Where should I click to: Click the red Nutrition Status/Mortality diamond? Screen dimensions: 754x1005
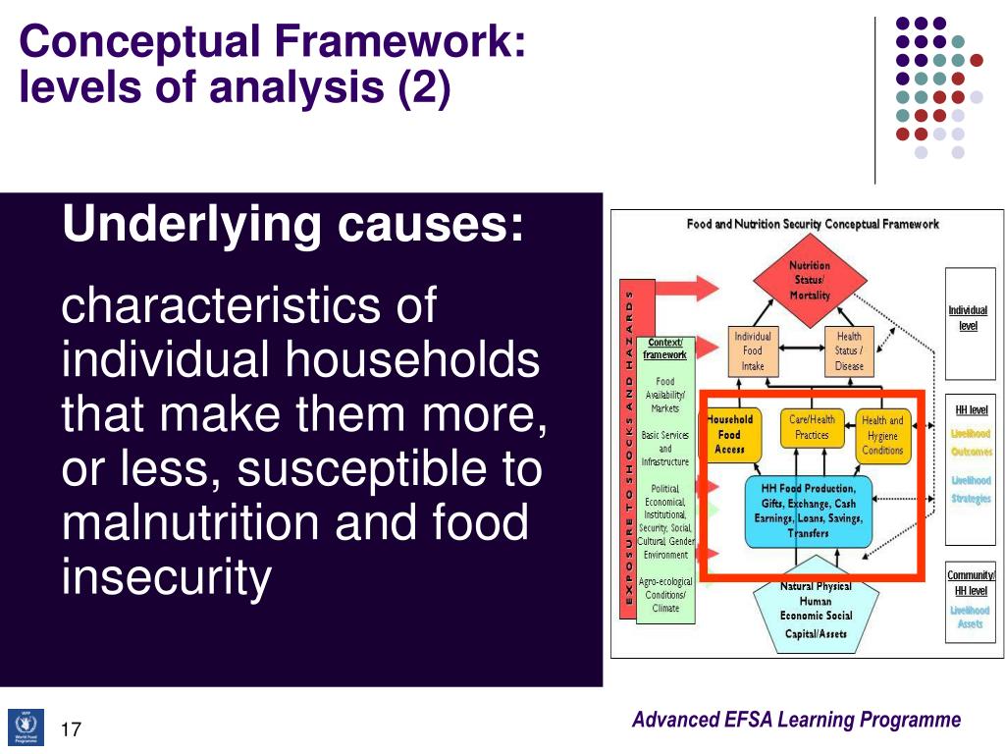pyautogui.click(x=810, y=280)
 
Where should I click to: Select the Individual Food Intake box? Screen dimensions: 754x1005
pyautogui.click(x=752, y=350)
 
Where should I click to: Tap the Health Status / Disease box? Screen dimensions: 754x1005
pyautogui.click(x=849, y=350)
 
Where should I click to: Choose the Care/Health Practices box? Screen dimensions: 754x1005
pyautogui.click(x=812, y=428)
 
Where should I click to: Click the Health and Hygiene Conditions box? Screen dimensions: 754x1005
pyautogui.click(x=882, y=436)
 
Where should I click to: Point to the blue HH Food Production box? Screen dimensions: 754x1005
pyautogui.click(x=808, y=511)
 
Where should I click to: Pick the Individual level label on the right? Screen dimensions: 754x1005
pyautogui.click(x=968, y=318)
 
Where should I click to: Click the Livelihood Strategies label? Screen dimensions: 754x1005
pyautogui.click(x=970, y=489)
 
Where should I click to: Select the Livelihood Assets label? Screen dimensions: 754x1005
pyautogui.click(x=970, y=617)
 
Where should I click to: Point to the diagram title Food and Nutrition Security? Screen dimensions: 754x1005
pyautogui.click(x=812, y=224)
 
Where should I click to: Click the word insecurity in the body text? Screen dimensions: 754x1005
pyautogui.click(x=165, y=577)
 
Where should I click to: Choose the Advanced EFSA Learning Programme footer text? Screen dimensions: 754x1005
pyautogui.click(x=796, y=720)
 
